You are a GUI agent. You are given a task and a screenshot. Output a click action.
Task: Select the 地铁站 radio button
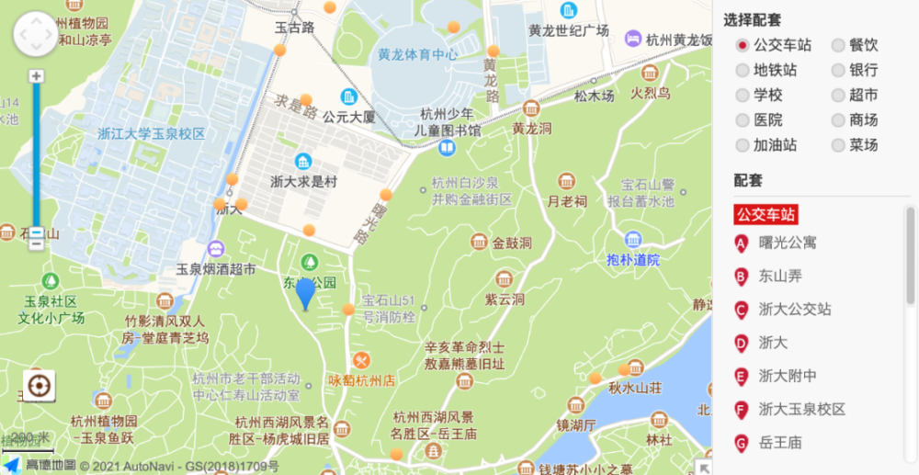click(x=743, y=70)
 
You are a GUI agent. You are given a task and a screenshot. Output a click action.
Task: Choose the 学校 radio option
click(x=743, y=95)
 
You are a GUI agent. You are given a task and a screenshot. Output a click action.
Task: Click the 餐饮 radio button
click(x=838, y=45)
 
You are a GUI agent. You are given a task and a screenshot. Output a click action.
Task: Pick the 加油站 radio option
click(x=743, y=145)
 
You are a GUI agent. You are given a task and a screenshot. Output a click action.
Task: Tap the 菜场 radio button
click(x=838, y=145)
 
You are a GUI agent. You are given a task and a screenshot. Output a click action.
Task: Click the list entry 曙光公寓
click(x=788, y=243)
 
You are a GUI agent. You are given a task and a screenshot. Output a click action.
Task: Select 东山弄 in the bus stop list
click(x=780, y=277)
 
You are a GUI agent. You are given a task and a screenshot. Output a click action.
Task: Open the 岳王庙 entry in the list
click(x=780, y=443)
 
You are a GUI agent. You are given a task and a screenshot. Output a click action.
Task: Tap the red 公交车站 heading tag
click(x=766, y=214)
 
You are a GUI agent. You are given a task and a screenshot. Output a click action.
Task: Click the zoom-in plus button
click(x=36, y=76)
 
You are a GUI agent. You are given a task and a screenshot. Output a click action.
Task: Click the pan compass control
click(x=35, y=34)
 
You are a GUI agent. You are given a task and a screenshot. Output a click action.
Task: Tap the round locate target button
click(x=39, y=386)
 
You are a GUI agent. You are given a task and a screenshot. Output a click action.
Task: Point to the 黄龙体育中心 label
click(x=417, y=54)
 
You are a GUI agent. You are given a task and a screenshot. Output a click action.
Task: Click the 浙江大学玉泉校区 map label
click(x=152, y=134)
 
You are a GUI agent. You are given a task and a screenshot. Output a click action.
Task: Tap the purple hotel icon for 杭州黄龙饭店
click(x=632, y=39)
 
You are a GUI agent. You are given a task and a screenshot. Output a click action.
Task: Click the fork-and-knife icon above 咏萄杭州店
click(x=361, y=360)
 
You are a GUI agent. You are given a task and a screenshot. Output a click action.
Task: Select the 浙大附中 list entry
click(x=788, y=376)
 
